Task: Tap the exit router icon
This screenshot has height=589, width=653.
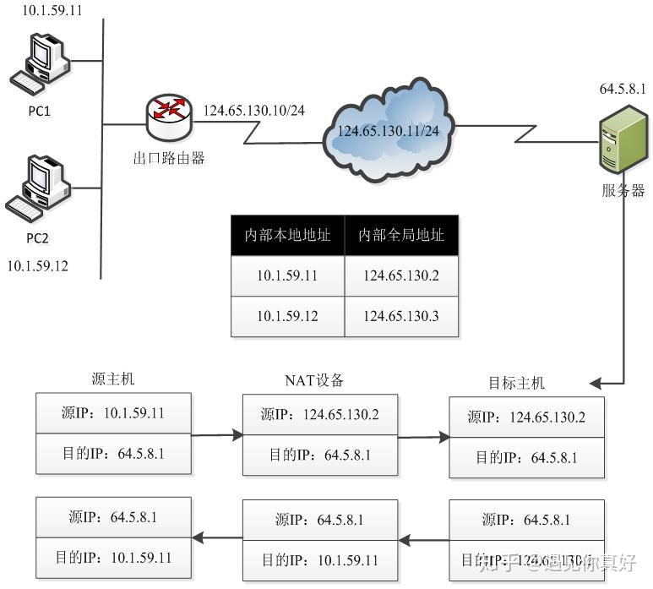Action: (x=168, y=116)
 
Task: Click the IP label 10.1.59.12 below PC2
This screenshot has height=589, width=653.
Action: (x=37, y=266)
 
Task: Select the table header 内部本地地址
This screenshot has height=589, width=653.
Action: (x=287, y=235)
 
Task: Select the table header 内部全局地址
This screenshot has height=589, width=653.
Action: (x=401, y=235)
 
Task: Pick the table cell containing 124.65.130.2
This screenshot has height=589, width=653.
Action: (x=401, y=276)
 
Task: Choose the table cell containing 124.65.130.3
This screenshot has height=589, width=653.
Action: (x=401, y=317)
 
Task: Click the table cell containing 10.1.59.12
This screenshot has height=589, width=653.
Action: (x=287, y=317)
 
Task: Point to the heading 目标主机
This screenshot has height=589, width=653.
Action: (x=517, y=383)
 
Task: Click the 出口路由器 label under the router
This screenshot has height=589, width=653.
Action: (x=169, y=157)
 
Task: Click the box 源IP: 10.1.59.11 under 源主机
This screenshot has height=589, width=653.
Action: (x=114, y=413)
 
